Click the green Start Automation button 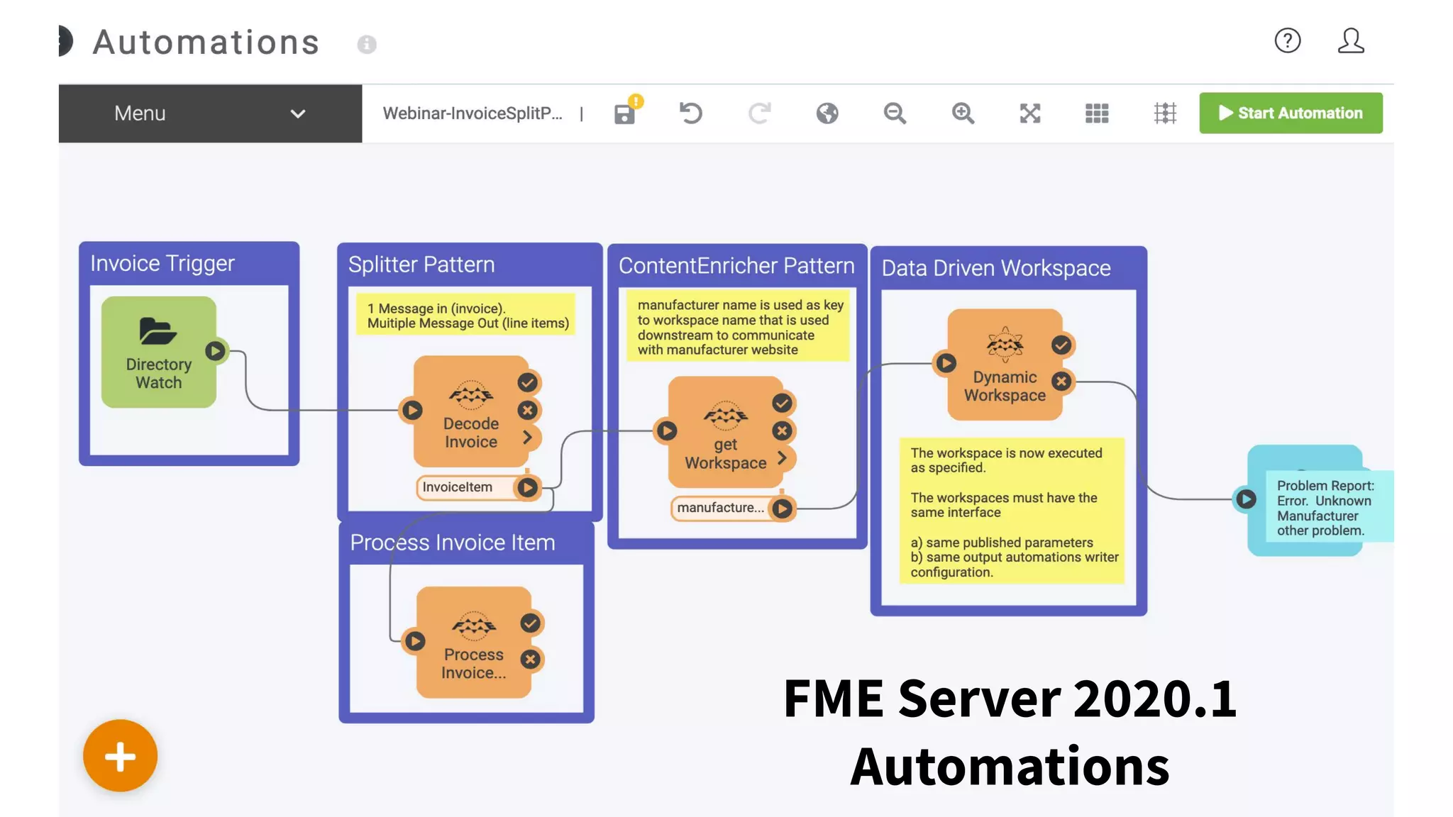tap(1290, 113)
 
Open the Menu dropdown tap(210, 113)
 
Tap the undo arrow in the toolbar tap(690, 113)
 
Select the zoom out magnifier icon tap(895, 113)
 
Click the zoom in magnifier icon tap(963, 113)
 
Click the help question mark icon tap(1287, 40)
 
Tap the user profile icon tap(1351, 40)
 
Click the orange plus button tap(121, 756)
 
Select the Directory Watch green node tap(159, 352)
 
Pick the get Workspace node tap(725, 433)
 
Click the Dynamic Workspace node tap(1005, 365)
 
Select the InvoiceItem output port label tap(458, 487)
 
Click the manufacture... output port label tap(720, 508)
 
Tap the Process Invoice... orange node tap(473, 643)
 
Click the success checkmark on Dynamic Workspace tap(1061, 345)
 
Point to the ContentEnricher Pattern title tap(736, 266)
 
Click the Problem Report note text tap(1324, 508)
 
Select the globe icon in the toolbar tap(827, 113)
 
